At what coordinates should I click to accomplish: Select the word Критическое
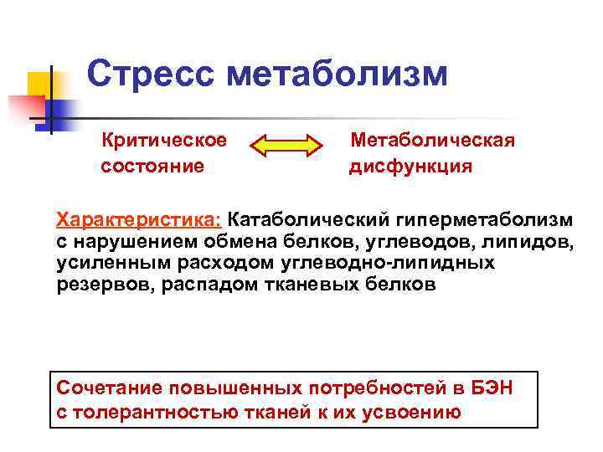(x=164, y=140)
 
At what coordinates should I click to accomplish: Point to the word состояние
(x=152, y=166)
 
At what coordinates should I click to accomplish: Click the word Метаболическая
(x=433, y=140)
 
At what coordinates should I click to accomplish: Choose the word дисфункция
(x=410, y=166)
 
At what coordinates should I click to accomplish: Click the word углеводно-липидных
(x=391, y=263)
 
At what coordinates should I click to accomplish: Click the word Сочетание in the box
(x=108, y=389)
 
